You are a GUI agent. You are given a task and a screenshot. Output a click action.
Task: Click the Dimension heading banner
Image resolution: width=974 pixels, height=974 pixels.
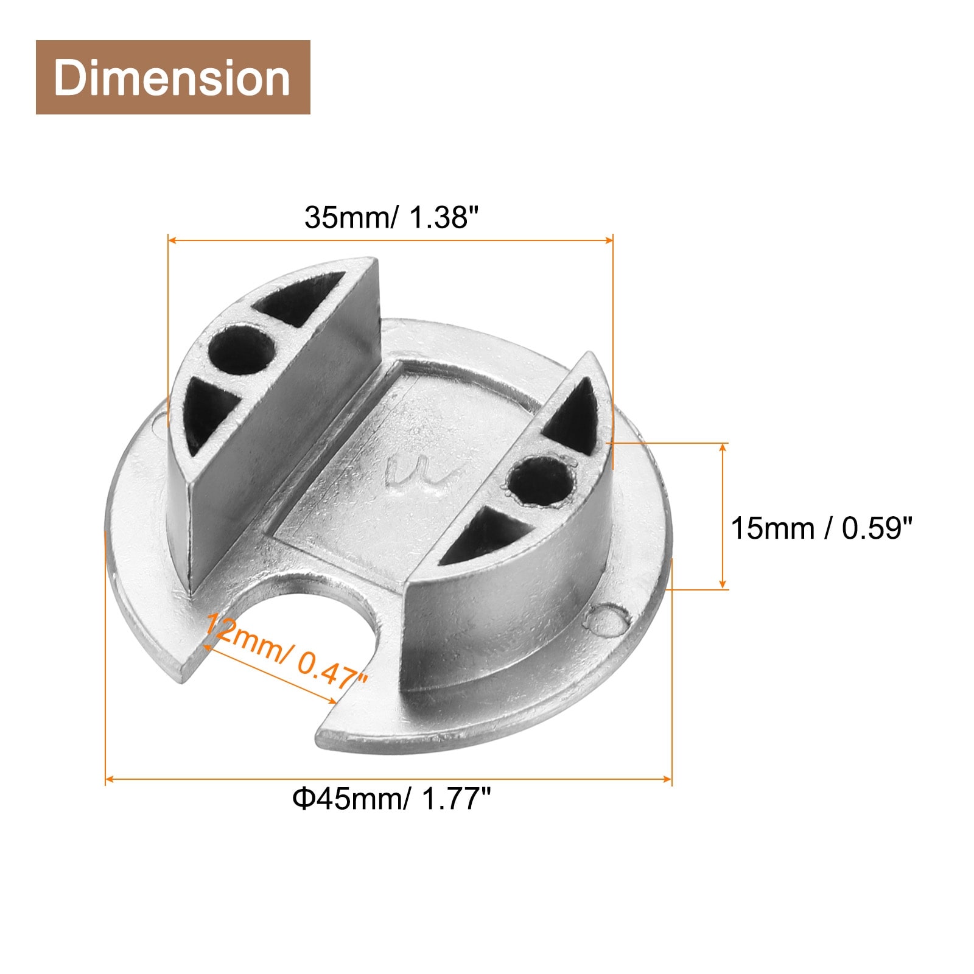click(173, 77)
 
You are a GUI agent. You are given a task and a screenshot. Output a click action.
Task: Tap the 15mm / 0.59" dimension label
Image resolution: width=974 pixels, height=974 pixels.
click(822, 528)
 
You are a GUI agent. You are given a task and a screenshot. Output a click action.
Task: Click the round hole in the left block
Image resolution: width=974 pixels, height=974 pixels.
click(241, 349)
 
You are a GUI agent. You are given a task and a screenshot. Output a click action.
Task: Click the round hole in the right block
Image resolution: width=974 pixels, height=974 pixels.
click(541, 482)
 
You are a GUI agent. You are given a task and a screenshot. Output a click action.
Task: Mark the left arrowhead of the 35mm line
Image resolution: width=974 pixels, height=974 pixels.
click(172, 240)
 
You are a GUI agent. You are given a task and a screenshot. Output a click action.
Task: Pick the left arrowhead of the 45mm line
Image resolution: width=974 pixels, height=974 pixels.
click(110, 779)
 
